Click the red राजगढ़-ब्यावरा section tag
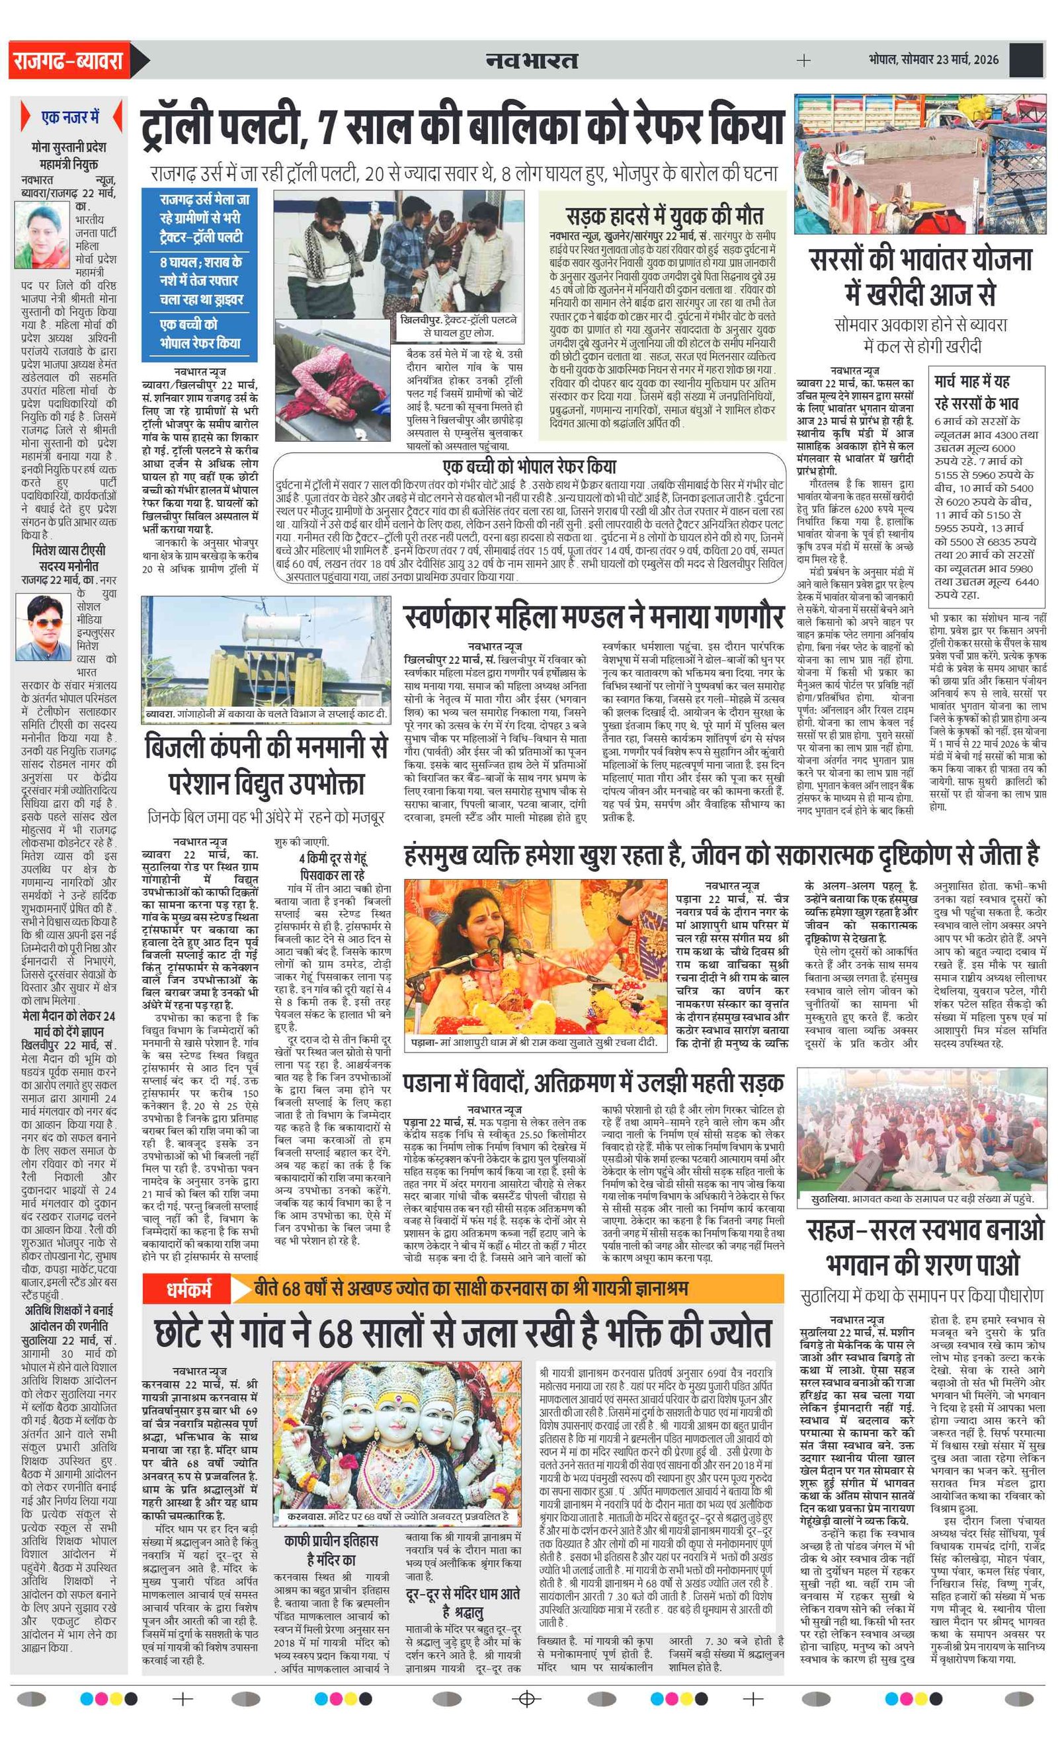click(x=68, y=60)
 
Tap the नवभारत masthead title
click(x=532, y=60)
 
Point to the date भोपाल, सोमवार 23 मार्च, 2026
click(x=932, y=60)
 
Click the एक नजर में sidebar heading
click(x=70, y=117)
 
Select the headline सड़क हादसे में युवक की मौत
click(x=664, y=215)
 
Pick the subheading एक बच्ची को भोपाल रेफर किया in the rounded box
click(x=530, y=466)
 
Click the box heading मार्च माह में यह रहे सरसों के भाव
click(x=976, y=392)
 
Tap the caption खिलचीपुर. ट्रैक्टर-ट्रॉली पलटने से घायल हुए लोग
click(x=458, y=327)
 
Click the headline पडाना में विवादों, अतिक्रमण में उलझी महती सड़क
click(x=593, y=1082)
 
